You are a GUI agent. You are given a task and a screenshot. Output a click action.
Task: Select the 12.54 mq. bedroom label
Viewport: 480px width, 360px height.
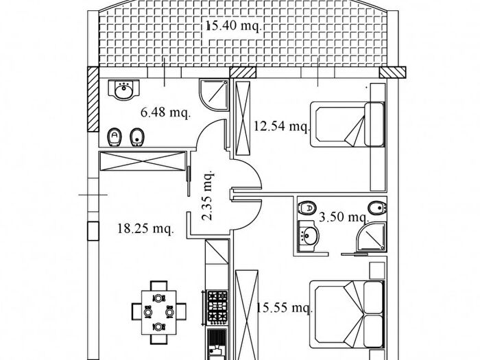pyautogui.click(x=282, y=126)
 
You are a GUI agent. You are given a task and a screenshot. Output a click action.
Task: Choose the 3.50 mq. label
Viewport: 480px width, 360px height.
pyautogui.click(x=344, y=217)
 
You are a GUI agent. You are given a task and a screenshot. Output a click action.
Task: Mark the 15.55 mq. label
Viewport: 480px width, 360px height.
pyautogui.click(x=284, y=309)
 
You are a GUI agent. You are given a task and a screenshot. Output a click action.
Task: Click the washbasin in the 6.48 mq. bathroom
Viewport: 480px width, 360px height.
pyautogui.click(x=124, y=90)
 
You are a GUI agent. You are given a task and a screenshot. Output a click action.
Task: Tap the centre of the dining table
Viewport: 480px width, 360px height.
pyautogui.click(x=159, y=304)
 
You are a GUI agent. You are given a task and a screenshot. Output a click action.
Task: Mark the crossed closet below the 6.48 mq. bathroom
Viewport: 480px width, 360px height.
pyautogui.click(x=142, y=162)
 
